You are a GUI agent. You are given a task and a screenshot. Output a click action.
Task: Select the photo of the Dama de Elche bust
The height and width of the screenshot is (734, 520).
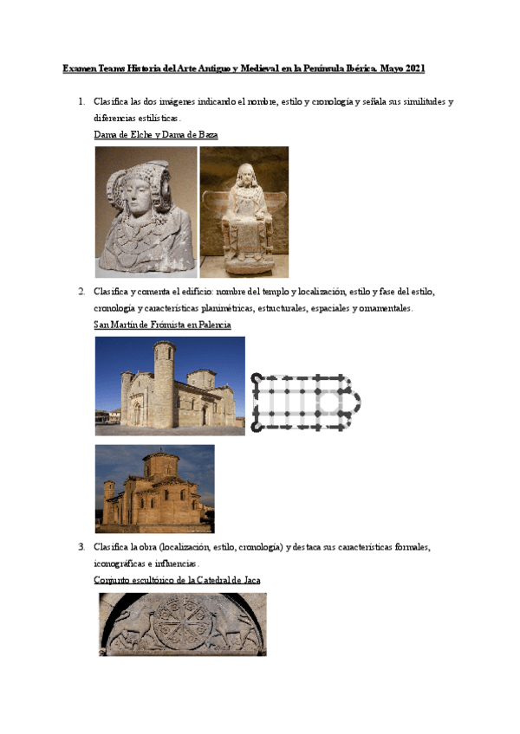pos(146,211)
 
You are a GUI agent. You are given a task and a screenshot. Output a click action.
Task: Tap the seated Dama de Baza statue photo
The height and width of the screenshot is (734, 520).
pos(244,211)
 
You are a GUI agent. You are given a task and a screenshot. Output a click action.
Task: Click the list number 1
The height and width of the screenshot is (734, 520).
pos(81,101)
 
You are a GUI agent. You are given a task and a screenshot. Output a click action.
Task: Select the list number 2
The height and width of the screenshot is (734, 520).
pos(81,291)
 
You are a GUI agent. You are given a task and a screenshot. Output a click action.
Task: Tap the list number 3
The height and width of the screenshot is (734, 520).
pos(81,547)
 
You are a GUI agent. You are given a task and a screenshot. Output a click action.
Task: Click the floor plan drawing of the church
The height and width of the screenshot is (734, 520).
pos(306,402)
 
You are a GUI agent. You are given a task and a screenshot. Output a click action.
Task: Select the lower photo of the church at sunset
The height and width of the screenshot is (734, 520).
pos(154,488)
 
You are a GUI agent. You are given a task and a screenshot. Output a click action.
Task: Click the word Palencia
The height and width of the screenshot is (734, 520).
pos(212,325)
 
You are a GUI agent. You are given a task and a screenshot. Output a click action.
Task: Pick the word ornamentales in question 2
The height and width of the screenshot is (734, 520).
pos(383,308)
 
